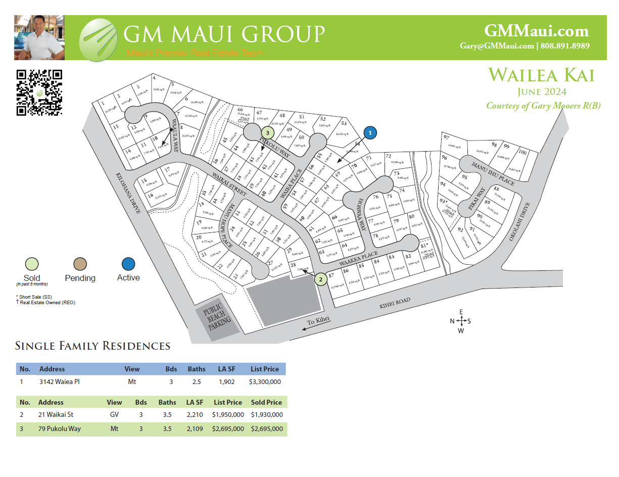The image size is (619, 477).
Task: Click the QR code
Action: [39, 92]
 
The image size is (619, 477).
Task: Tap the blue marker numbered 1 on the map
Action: [370, 133]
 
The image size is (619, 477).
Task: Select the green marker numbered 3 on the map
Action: [268, 132]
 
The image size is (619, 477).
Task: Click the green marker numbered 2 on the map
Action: [320, 278]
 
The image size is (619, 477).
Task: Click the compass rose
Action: [461, 321]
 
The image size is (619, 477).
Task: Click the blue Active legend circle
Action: [128, 264]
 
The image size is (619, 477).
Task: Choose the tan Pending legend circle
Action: [80, 264]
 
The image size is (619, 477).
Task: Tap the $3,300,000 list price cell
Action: [265, 382]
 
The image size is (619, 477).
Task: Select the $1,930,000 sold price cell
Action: [266, 415]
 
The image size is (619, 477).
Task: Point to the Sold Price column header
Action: [266, 402]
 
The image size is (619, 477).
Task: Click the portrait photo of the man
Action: [39, 38]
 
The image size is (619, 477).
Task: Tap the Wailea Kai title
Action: [541, 75]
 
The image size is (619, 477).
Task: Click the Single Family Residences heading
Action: [92, 346]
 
